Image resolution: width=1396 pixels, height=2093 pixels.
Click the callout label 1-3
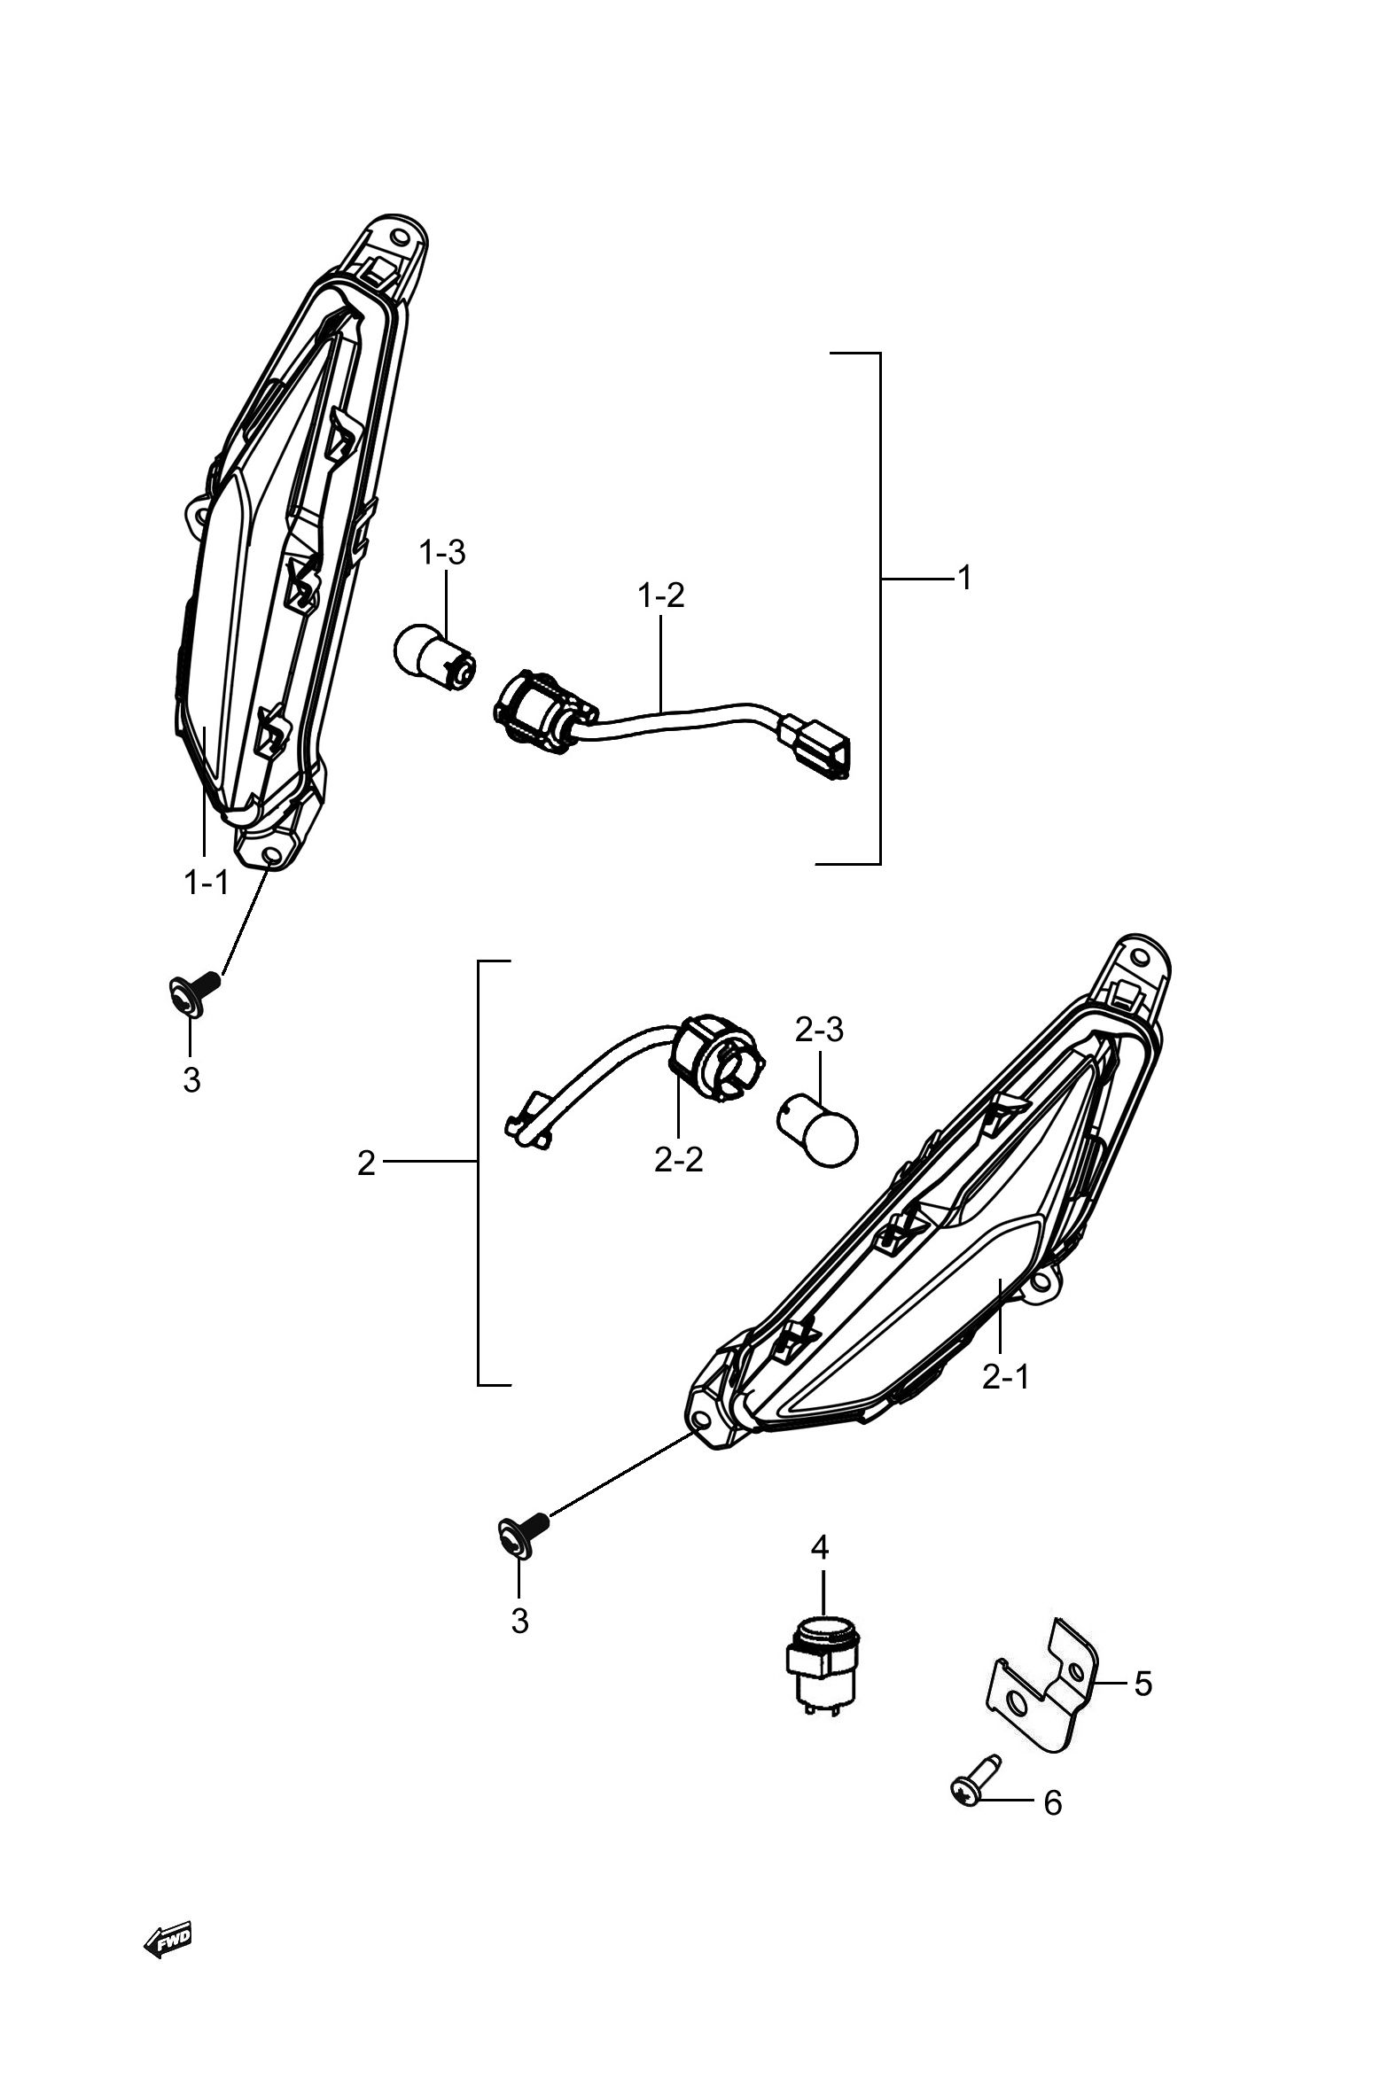[442, 553]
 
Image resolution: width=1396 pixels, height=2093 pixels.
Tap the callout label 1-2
[661, 595]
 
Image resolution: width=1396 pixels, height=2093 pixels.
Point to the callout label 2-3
[819, 1030]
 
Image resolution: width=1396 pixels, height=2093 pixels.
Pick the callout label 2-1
[1006, 1377]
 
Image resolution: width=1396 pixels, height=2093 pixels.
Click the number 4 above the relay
[820, 1547]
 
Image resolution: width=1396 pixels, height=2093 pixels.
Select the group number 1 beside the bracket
[964, 579]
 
